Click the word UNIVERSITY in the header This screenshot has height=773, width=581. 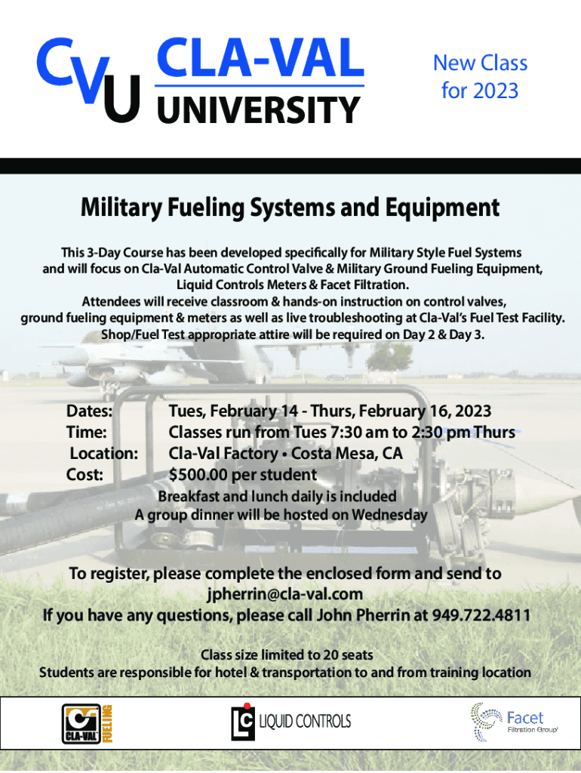[259, 110]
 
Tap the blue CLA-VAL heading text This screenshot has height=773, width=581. [260, 58]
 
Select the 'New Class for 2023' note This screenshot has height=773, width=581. [481, 77]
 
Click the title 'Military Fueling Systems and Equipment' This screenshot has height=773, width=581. [290, 207]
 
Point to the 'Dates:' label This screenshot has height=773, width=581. [90, 411]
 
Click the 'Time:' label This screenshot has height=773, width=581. [87, 433]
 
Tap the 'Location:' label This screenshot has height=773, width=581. [104, 454]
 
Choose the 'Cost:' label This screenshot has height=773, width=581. [85, 475]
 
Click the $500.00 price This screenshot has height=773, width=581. [198, 475]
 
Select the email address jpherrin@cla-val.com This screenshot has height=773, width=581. [285, 595]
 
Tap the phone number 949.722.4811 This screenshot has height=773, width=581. [481, 615]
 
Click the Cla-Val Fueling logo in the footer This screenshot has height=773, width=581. [88, 724]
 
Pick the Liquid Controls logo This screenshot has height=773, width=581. [290, 722]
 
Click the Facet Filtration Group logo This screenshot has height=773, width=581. [515, 722]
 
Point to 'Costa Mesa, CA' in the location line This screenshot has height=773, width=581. [347, 454]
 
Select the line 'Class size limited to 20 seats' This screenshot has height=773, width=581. [287, 655]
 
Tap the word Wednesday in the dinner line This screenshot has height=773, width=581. [389, 515]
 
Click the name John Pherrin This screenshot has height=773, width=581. [363, 615]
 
